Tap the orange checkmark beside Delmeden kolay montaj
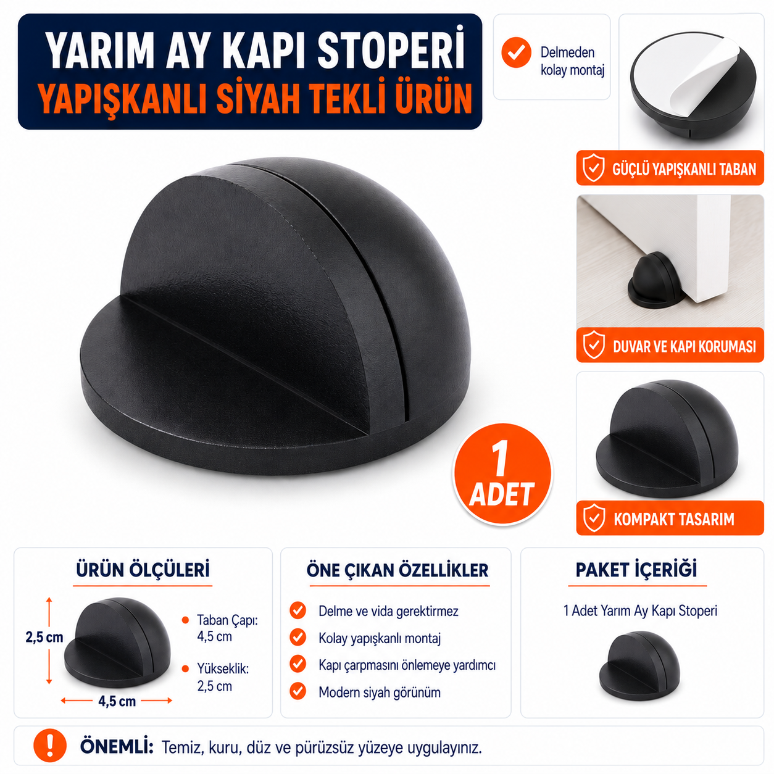tap(516, 52)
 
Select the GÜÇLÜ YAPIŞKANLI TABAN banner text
tap(684, 169)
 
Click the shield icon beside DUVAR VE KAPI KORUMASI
tap(594, 344)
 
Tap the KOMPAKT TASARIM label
tap(673, 519)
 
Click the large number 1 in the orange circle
tap(500, 458)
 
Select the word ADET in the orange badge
tap(501, 494)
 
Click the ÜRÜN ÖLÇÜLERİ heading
tap(143, 570)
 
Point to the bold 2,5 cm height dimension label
tap(44, 637)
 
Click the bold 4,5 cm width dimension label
tap(117, 701)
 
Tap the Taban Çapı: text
tap(227, 620)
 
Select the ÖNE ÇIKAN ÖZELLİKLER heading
tap(397, 570)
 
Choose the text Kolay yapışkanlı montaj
tap(380, 638)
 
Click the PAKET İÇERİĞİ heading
tap(636, 570)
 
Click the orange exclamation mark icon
tap(50, 745)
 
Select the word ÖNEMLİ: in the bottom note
tap(117, 746)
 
